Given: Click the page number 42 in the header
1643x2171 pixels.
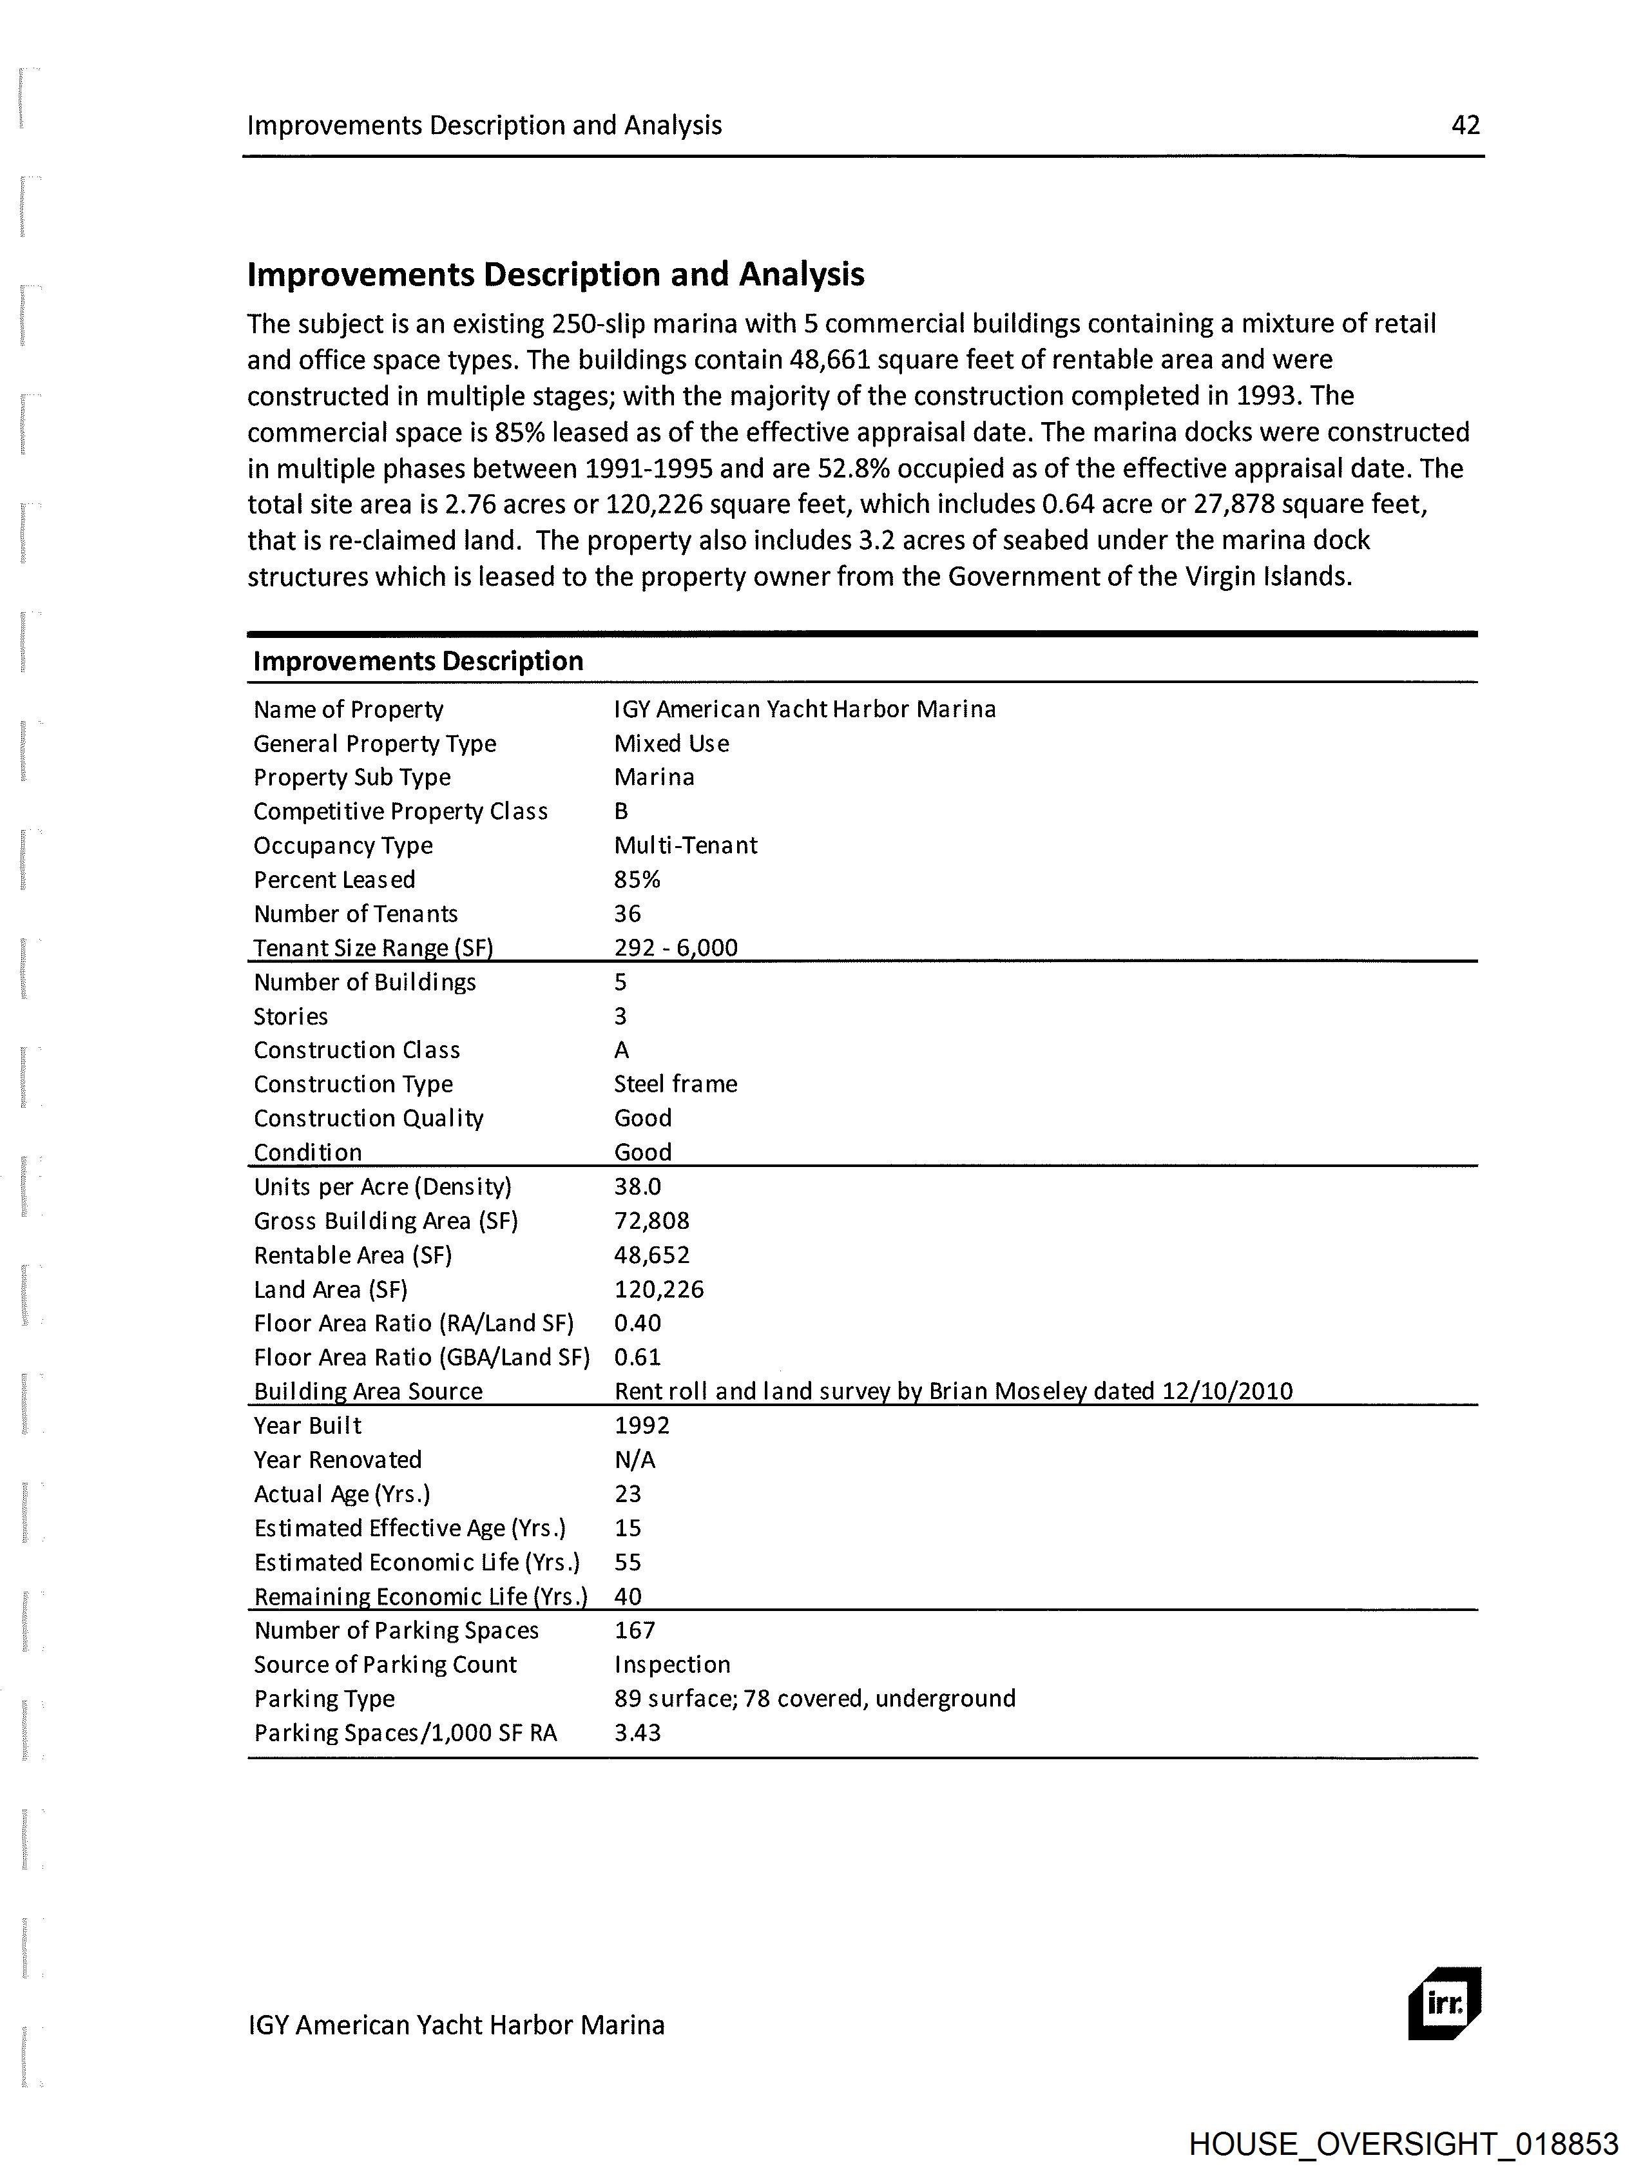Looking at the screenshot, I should click(1465, 124).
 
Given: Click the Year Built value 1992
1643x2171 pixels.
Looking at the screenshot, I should click(642, 1425).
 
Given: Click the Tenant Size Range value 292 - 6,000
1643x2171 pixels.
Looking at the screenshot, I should click(675, 947).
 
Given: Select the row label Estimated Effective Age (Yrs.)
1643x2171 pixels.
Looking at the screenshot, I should click(409, 1527).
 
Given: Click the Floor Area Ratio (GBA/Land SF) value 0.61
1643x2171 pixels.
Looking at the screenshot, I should click(637, 1356).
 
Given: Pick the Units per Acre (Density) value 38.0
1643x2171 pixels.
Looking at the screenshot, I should click(637, 1186).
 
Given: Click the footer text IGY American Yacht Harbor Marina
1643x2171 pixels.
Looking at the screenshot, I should click(456, 2025).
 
